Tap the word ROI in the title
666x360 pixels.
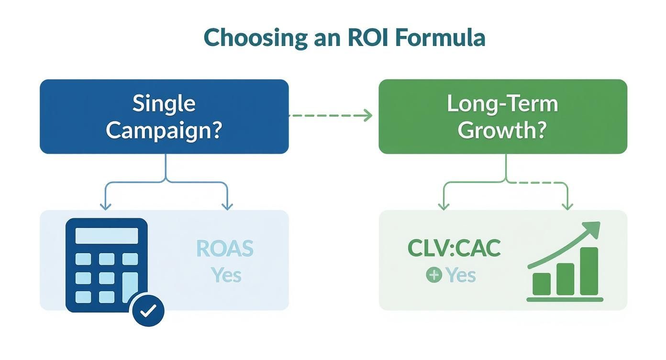point(365,38)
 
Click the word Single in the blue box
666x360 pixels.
point(164,103)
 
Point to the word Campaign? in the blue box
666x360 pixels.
point(164,130)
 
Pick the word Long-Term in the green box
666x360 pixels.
point(502,103)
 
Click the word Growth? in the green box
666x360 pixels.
point(502,130)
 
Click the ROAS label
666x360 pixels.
point(225,248)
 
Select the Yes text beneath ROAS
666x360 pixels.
point(226,275)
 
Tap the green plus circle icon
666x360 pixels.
point(433,275)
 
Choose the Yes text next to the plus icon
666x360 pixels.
point(460,275)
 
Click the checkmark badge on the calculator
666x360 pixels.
point(148,310)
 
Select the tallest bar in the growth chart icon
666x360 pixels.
point(589,271)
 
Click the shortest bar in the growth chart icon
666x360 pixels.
point(542,284)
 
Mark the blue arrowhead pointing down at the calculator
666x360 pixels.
point(105,206)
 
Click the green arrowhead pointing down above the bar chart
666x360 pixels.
point(567,206)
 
